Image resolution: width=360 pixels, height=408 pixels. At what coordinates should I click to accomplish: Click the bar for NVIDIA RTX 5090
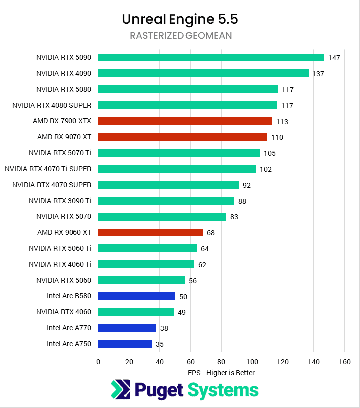tap(211, 57)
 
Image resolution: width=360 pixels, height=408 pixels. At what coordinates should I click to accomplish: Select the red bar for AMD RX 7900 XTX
tap(185, 121)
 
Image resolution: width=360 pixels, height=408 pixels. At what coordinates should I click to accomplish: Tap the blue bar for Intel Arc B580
tap(137, 296)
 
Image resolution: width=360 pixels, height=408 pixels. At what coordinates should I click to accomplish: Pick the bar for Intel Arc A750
tap(125, 344)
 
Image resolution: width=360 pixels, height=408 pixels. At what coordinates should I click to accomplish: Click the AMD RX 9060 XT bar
tap(150, 232)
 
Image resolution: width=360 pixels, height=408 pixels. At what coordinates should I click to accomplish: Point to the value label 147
tap(334, 58)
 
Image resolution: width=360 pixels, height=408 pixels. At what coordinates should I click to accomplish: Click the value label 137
tap(318, 74)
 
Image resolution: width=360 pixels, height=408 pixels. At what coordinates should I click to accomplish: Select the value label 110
tap(277, 137)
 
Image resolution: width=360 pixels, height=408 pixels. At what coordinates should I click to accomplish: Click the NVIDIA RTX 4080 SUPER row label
tap(52, 105)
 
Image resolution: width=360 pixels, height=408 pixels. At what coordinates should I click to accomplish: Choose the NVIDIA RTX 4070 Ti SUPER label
tap(48, 169)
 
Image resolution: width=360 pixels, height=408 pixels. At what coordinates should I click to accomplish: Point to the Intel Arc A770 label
tap(69, 328)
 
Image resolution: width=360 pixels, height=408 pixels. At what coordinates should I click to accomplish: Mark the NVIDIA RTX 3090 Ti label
tap(60, 201)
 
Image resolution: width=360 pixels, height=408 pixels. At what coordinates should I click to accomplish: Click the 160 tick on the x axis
tap(344, 361)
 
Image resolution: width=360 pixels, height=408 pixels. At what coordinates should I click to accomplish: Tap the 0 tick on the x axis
tap(98, 361)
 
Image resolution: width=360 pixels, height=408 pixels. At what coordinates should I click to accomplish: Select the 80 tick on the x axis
tap(221, 361)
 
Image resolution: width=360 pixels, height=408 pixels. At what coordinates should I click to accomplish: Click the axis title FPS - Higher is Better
tap(221, 373)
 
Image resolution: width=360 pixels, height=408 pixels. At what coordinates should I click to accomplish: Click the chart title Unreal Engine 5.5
tap(180, 19)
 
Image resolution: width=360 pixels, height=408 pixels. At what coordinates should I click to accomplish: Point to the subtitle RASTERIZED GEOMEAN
tap(180, 36)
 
